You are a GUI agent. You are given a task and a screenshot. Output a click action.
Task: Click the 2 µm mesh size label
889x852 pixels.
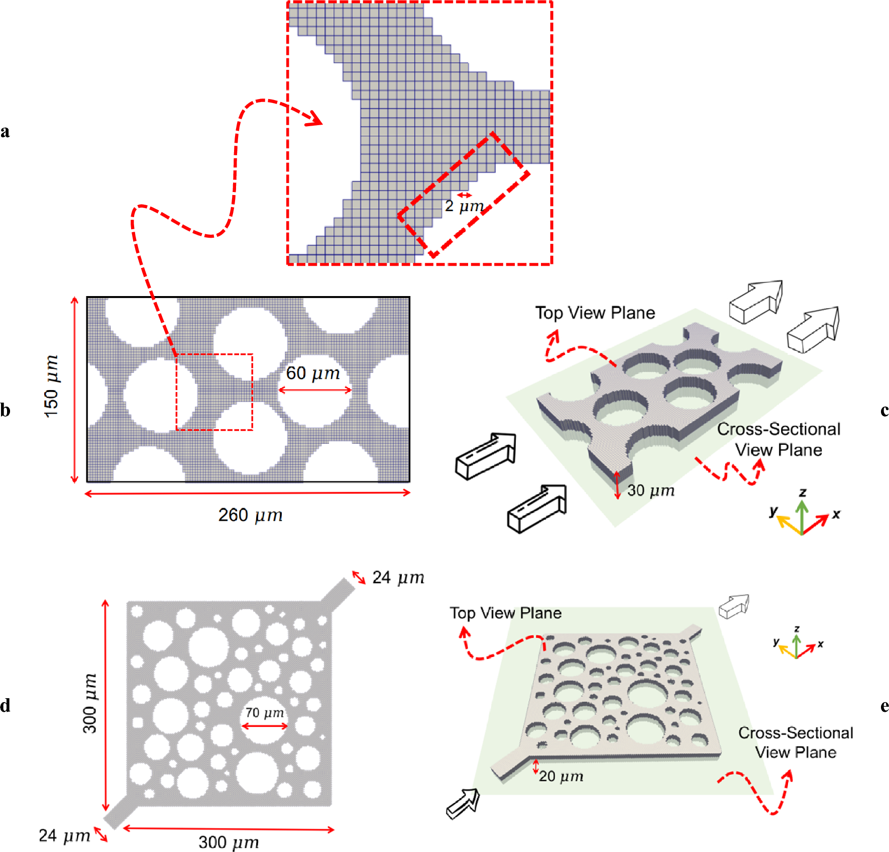pos(464,206)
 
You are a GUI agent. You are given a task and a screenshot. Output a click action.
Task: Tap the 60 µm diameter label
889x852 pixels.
pos(313,373)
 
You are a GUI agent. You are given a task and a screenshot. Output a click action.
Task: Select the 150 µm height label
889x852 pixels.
pos(51,386)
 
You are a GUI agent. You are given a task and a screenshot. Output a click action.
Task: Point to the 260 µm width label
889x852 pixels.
pos(250,515)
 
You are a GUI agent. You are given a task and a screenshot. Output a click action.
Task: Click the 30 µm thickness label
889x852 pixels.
pos(650,491)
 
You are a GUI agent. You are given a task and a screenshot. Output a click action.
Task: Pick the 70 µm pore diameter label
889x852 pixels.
pos(265,713)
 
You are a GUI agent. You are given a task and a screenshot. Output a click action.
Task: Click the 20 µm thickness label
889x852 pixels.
pos(561,777)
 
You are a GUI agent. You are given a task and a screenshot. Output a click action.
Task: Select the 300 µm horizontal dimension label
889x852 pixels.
pos(229,842)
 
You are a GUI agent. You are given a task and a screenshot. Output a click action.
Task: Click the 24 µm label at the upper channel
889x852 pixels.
pos(398,578)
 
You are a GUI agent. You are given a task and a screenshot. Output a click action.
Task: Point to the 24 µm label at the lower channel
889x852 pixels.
pos(64,835)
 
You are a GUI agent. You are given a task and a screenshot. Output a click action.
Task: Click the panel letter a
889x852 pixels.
pos(5,132)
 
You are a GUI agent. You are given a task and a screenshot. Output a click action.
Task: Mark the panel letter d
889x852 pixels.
pos(5,706)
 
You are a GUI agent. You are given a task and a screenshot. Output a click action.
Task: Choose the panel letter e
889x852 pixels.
pos(884,706)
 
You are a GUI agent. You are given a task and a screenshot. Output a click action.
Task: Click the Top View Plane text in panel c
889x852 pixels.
pos(595,313)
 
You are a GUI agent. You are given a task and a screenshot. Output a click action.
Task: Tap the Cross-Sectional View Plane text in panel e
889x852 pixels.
pos(796,742)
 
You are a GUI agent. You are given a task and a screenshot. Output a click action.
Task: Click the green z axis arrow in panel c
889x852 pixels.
pos(802,515)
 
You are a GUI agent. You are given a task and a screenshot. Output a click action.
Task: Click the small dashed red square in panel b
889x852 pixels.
pos(214,392)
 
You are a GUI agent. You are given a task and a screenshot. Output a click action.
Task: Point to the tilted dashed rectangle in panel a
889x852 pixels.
pos(463,195)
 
